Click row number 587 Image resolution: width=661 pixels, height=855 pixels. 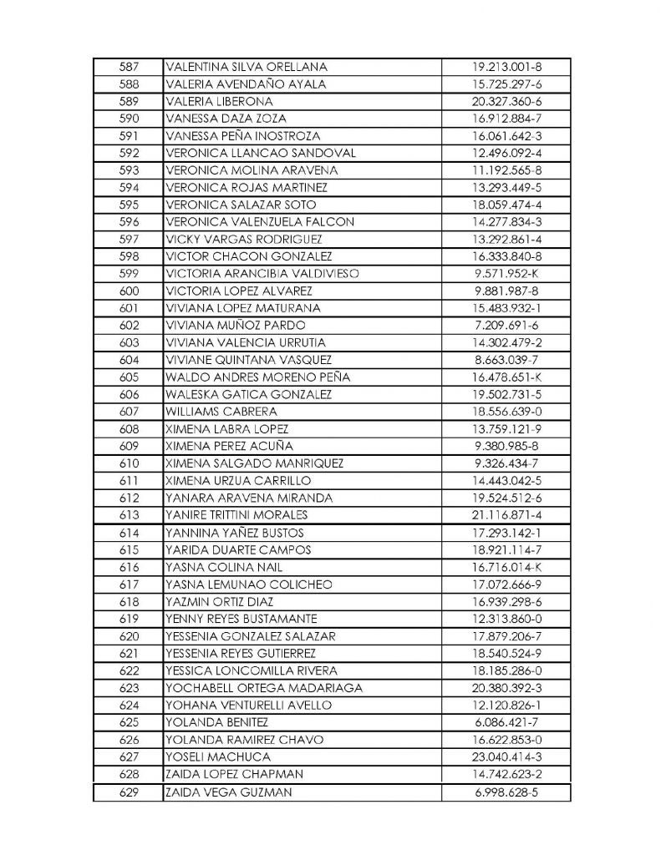[128, 67]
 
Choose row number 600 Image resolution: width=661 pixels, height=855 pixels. [128, 291]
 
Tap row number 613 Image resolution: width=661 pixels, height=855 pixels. [128, 515]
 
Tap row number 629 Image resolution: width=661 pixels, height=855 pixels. [128, 792]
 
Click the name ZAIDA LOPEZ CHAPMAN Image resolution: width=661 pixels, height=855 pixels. [235, 774]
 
